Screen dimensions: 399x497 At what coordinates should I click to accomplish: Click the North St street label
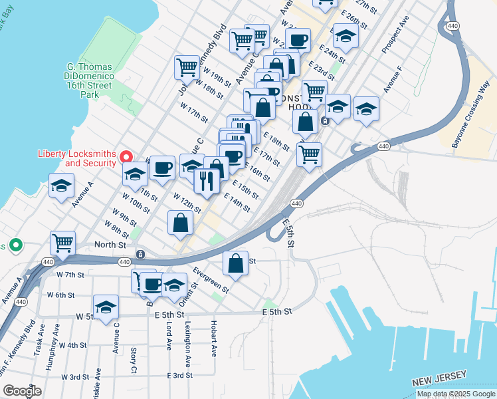click(110, 245)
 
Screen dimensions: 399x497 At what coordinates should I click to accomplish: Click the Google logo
click(21, 390)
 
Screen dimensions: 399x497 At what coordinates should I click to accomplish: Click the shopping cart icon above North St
click(62, 243)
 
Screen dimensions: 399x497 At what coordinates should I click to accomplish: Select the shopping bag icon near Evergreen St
click(235, 263)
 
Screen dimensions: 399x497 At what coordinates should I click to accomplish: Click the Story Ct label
click(134, 359)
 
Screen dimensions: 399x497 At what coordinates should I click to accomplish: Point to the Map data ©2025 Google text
click(456, 394)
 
